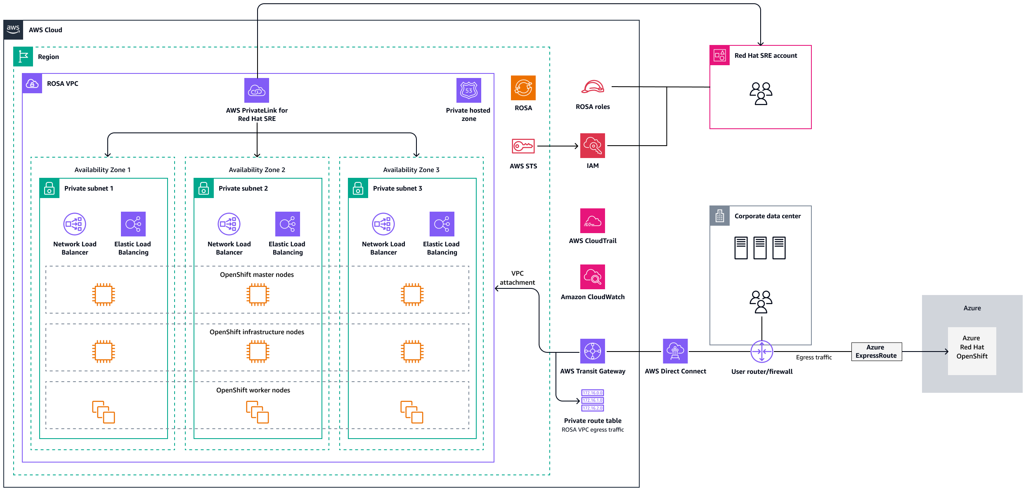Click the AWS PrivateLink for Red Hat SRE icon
click(257, 90)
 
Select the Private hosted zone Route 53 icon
click(468, 90)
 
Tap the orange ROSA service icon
click(523, 88)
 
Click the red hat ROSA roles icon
click(593, 87)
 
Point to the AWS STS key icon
click(523, 146)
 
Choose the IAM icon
click(593, 146)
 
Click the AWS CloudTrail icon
click(593, 221)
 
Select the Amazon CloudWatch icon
click(593, 277)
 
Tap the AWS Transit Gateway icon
click(593, 351)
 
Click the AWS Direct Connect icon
click(675, 351)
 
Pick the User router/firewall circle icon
click(761, 352)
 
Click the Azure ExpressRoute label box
click(876, 352)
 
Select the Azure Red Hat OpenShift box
click(972, 351)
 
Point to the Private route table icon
click(593, 400)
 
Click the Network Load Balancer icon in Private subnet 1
click(75, 224)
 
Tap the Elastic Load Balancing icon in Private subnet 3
click(442, 224)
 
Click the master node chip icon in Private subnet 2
click(258, 295)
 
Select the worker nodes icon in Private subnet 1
click(103, 412)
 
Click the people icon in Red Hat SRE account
click(761, 94)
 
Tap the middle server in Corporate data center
click(760, 248)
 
